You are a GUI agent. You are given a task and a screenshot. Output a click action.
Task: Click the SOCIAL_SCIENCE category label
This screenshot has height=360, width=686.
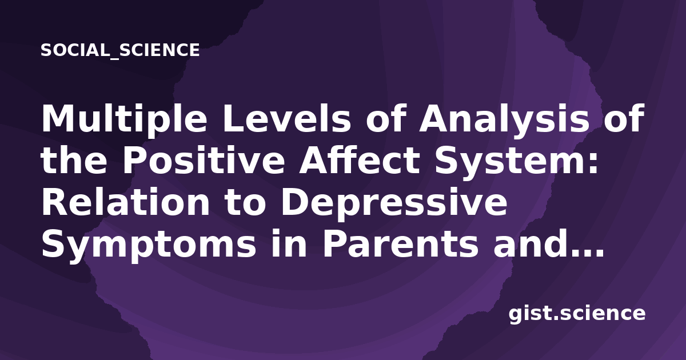[x=120, y=50]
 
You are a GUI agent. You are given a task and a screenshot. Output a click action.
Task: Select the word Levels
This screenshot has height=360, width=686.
[x=286, y=118]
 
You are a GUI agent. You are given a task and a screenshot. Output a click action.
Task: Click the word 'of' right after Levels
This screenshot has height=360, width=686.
[x=385, y=118]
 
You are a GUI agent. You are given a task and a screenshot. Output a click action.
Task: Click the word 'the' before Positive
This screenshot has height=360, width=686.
[x=74, y=160]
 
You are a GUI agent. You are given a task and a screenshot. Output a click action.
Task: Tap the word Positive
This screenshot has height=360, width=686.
[x=204, y=160]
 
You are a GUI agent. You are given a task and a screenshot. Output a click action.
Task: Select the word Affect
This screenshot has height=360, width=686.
[x=359, y=160]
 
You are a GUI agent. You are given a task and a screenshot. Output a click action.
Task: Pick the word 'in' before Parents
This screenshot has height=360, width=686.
[x=289, y=244]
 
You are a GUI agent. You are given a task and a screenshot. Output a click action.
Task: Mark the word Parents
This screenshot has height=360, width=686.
[x=400, y=244]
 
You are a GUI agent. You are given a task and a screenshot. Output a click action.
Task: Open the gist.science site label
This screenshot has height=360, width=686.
[x=577, y=314]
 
